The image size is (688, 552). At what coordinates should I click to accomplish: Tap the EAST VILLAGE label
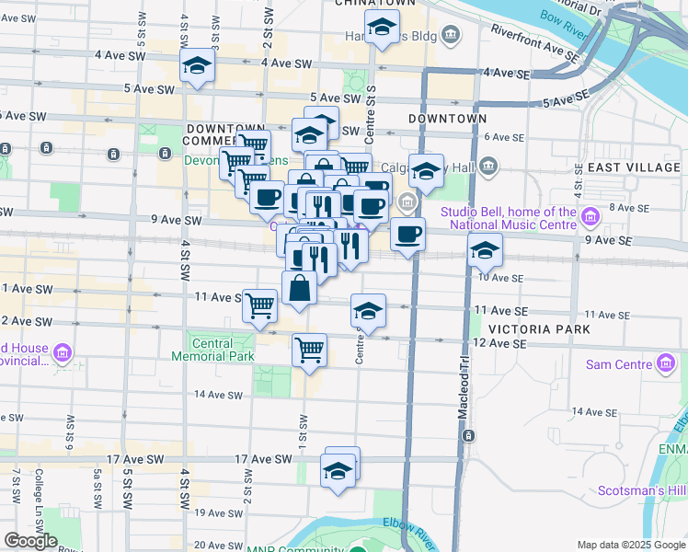(634, 167)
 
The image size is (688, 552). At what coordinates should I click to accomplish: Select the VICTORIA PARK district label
(532, 328)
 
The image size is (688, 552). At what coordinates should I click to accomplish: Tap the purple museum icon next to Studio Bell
(591, 217)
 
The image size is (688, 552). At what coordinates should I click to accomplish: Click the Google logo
(30, 541)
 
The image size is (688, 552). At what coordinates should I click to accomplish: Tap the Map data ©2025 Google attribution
(630, 545)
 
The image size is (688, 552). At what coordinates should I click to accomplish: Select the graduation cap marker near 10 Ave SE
(484, 250)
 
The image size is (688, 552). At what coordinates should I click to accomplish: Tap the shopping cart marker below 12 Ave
(309, 350)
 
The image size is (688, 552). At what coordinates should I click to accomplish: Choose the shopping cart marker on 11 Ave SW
(260, 305)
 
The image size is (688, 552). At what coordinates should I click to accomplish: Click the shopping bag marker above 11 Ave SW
(300, 288)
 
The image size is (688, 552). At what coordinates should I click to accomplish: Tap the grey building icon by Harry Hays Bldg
(451, 36)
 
